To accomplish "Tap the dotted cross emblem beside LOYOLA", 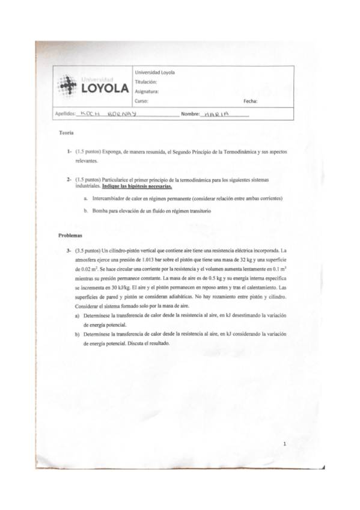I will click(x=67, y=87).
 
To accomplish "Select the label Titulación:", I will click(x=146, y=81).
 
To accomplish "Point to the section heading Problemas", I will click(x=70, y=235).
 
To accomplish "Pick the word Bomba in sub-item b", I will click(x=101, y=211).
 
